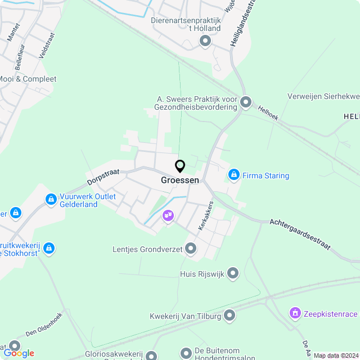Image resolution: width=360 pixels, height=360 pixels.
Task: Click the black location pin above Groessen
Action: [x=180, y=166]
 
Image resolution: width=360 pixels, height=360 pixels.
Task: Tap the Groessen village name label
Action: [x=180, y=180]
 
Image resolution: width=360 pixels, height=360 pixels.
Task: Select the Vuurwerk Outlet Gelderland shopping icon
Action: [x=51, y=199]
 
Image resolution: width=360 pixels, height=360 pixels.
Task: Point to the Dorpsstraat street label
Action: [x=103, y=177]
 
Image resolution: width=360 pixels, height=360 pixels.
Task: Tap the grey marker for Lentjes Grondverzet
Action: [x=191, y=248]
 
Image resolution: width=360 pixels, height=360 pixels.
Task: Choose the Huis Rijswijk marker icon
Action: [x=233, y=274]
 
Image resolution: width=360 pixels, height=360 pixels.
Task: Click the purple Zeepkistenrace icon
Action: [x=295, y=313]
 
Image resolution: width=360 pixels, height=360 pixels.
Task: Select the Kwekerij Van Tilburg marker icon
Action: [x=229, y=316]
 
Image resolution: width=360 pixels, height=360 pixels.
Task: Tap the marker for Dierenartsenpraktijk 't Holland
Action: [x=205, y=40]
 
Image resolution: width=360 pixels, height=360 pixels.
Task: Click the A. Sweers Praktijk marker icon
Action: [x=246, y=102]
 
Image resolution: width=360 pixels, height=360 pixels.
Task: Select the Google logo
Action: [x=19, y=353]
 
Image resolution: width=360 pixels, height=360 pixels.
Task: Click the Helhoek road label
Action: [x=268, y=113]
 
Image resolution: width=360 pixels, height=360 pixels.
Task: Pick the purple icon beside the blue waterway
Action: [x=168, y=215]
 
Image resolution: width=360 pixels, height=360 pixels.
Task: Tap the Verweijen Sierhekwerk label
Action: [x=323, y=96]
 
